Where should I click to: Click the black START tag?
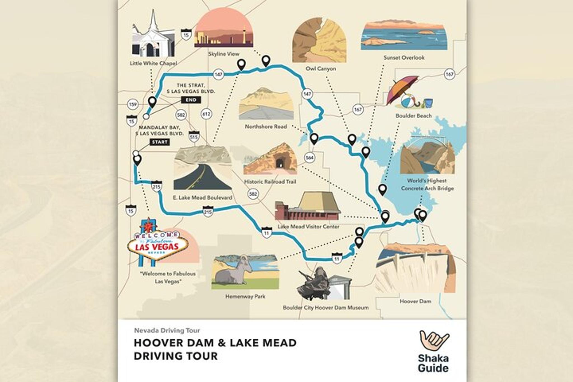[160, 142]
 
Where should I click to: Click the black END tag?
[191, 100]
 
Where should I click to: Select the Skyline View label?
[224, 54]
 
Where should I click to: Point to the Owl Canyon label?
[321, 69]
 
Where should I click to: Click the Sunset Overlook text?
[404, 58]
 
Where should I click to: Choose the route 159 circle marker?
[132, 104]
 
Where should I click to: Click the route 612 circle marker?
[206, 114]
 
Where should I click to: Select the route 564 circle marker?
[309, 158]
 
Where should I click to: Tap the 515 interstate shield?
[194, 137]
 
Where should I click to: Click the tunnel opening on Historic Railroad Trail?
[279, 163]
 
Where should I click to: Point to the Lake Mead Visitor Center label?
[308, 226]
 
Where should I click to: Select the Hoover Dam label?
[415, 301]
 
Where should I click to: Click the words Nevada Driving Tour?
[167, 331]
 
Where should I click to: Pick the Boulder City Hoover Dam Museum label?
[325, 308]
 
